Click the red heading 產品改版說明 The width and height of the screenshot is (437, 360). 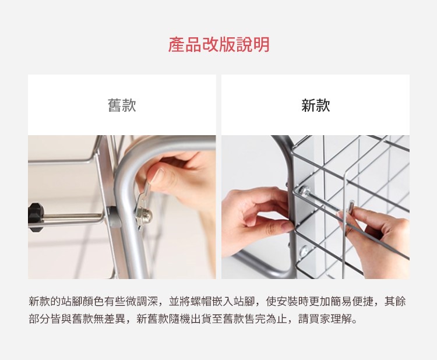(x=218, y=45)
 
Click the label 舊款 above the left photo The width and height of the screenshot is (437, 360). (x=122, y=105)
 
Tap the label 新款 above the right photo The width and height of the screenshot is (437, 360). (x=315, y=105)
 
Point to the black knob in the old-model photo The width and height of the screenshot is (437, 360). (x=35, y=217)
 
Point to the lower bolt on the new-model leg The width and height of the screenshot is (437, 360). (x=305, y=251)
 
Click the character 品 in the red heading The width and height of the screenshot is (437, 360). (x=193, y=45)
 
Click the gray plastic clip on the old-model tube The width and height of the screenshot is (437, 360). (x=114, y=217)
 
